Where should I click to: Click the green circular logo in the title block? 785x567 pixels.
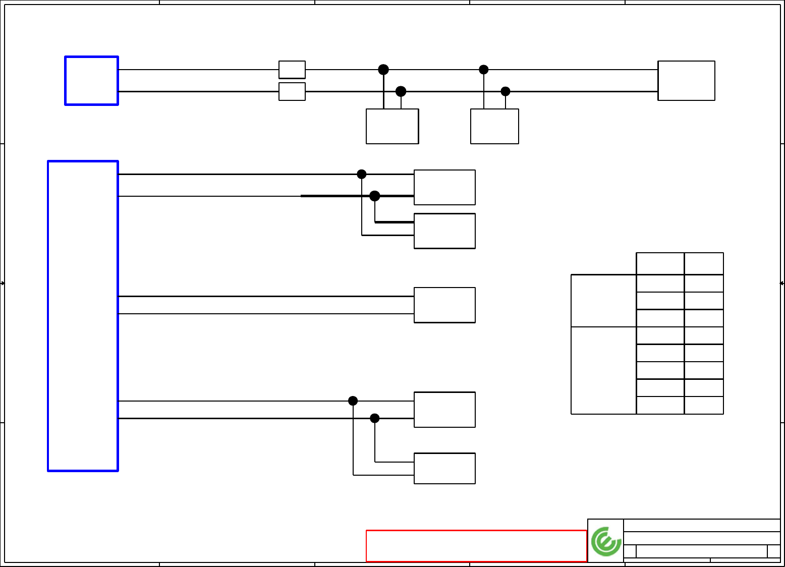(606, 541)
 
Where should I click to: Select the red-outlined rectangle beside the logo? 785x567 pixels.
(476, 546)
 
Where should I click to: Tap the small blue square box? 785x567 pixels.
(91, 81)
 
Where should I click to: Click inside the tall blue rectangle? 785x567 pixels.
(83, 316)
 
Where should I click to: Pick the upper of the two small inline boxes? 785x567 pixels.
(292, 70)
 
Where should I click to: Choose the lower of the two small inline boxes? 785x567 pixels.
(292, 92)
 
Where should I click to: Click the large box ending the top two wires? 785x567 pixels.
(686, 81)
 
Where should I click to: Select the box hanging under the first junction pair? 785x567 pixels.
(392, 126)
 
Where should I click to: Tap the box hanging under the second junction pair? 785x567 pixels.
(494, 126)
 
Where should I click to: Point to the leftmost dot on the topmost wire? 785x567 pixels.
(383, 70)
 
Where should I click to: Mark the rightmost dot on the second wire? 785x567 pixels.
(506, 91)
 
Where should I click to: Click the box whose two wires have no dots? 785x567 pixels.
(444, 305)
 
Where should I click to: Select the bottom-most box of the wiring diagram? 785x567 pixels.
(444, 468)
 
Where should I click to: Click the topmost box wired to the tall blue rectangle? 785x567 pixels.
(444, 187)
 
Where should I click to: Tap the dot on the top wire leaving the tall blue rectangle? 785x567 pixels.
(362, 174)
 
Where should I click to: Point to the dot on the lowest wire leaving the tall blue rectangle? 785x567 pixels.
(374, 418)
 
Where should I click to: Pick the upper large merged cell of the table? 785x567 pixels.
(603, 301)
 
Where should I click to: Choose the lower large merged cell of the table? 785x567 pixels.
(603, 370)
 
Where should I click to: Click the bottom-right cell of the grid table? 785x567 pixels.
(704, 405)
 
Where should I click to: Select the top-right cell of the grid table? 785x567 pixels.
(704, 263)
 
